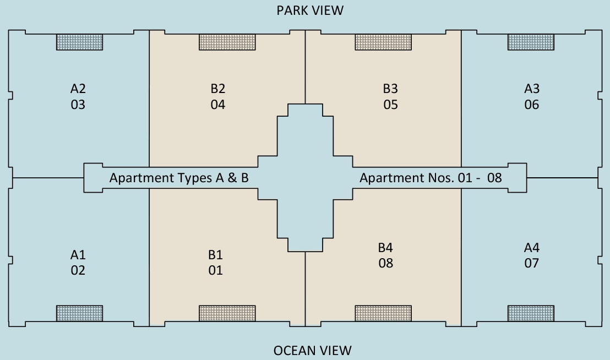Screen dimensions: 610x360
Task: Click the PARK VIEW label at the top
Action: coord(310,10)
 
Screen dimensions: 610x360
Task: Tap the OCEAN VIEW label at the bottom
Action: coord(312,351)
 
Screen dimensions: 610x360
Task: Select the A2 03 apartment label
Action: coord(78,97)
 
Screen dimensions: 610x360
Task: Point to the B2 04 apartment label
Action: coord(218,97)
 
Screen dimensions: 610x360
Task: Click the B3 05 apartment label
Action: coord(390,97)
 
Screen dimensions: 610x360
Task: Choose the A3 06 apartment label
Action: coord(532,97)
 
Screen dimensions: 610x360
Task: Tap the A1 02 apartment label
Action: coord(78,263)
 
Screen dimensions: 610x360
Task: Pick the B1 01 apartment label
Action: coord(215,263)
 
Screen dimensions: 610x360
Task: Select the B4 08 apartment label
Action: coord(385,255)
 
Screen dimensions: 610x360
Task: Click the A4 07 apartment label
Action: coord(532,255)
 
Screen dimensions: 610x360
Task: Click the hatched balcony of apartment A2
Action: coord(79,42)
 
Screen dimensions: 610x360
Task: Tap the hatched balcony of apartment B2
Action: coord(227,42)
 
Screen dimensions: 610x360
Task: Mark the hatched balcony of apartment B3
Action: coord(383,42)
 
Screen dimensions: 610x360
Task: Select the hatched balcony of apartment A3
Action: coord(531,42)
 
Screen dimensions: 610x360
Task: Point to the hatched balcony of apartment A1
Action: coord(79,313)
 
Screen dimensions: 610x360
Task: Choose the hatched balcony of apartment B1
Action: coord(227,313)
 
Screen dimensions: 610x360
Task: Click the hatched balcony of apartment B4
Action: coord(383,313)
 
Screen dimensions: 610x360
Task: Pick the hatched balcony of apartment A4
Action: coord(531,313)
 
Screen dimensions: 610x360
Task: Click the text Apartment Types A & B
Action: coord(179,178)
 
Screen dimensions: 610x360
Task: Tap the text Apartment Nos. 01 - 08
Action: coord(431,178)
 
